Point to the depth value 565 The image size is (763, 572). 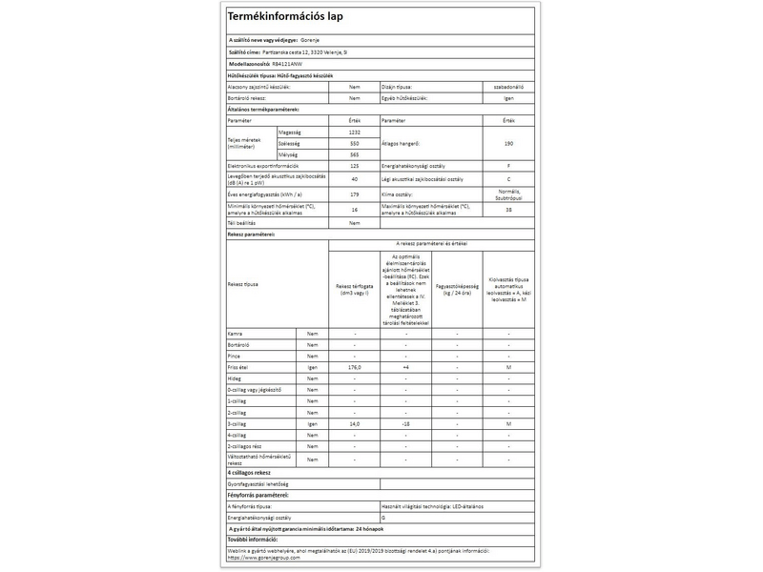(x=355, y=153)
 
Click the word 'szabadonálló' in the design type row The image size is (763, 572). (x=508, y=86)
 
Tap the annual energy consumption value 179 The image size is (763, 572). (x=355, y=194)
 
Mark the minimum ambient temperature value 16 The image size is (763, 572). (x=355, y=209)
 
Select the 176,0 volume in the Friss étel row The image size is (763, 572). (x=355, y=366)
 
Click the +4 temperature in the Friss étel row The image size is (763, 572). (x=405, y=366)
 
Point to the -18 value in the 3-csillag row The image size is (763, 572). (x=405, y=423)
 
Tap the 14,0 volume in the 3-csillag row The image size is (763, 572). (x=355, y=423)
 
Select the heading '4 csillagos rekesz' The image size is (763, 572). (x=251, y=472)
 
